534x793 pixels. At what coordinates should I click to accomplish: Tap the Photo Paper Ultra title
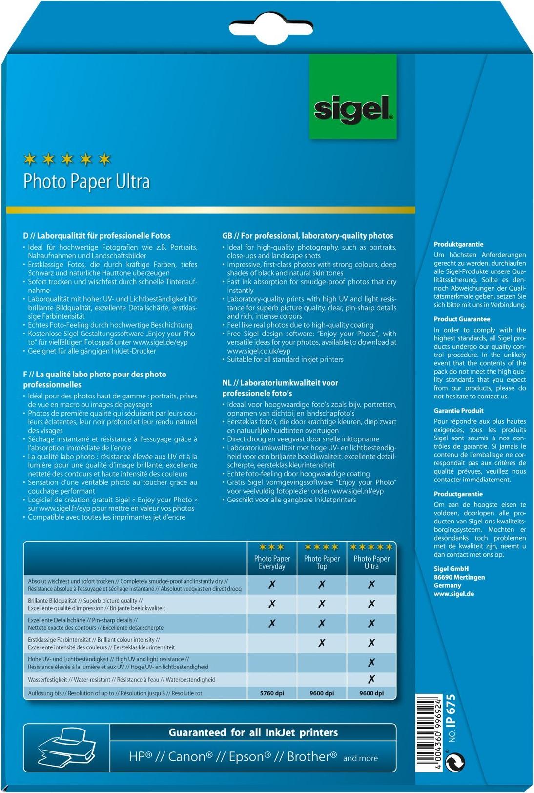pos(86,181)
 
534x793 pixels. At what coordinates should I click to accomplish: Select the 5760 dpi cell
pos(272,693)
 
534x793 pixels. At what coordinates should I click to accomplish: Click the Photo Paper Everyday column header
pos(272,562)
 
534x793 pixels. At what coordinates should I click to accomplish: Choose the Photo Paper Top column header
pos(322,562)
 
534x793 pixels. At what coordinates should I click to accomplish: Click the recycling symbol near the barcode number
pos(455,762)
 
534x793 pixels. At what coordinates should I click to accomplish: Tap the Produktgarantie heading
pos(458,244)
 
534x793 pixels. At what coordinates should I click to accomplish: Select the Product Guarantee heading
pos(462,319)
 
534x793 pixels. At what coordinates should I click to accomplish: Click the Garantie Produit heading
pos(458,411)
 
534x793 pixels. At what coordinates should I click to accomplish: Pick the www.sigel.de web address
pos(453,594)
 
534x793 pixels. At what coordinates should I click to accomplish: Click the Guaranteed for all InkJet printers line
pos(253,732)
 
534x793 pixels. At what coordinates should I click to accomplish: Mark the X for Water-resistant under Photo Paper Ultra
pos(371,679)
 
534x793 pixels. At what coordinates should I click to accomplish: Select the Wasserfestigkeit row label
pos(48,679)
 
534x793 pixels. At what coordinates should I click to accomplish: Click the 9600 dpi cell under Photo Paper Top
pos(322,693)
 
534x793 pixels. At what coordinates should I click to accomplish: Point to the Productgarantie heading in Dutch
pos(458,494)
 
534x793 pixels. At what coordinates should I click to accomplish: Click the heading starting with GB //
pos(308,236)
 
